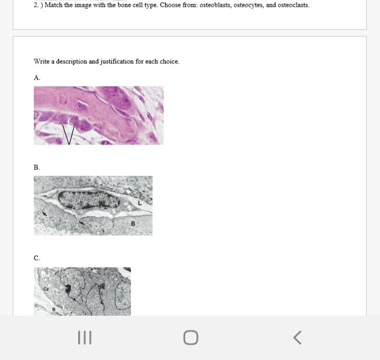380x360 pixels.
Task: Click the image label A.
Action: tap(37, 78)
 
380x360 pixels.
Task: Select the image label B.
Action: tap(36, 167)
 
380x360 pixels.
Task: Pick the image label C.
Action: tap(36, 258)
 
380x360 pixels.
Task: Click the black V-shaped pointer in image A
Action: tap(69, 134)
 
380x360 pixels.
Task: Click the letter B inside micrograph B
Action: tap(133, 223)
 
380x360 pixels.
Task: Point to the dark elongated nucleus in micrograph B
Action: tap(88, 200)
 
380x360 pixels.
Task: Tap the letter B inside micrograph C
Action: tap(53, 309)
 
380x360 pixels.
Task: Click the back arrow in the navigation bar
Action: tap(298, 337)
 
